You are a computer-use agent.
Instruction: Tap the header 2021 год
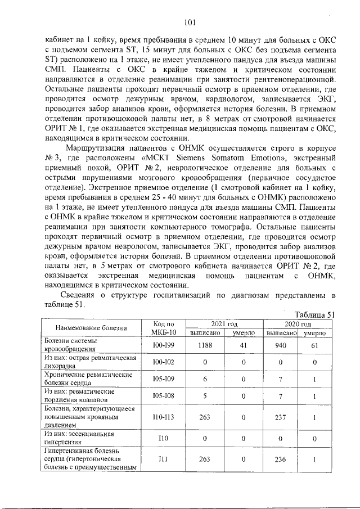click(224, 325)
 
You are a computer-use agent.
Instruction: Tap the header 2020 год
click(298, 325)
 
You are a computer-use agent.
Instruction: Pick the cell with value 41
click(244, 345)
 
